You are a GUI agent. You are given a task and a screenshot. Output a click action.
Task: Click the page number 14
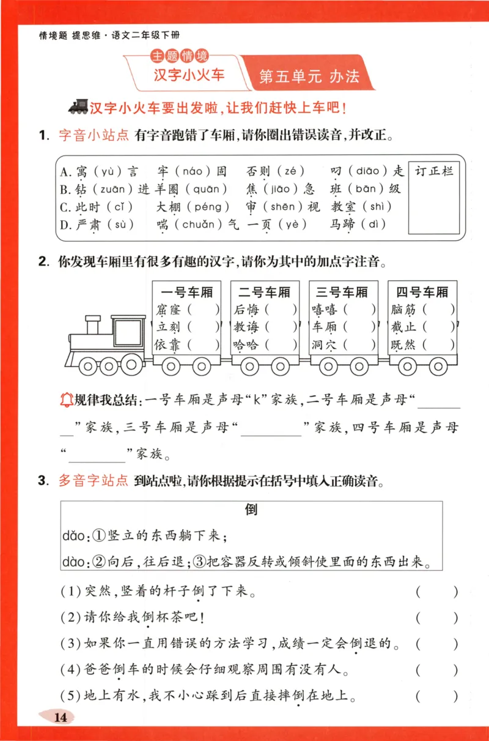tap(61, 717)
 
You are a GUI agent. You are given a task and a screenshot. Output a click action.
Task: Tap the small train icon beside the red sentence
tap(78, 108)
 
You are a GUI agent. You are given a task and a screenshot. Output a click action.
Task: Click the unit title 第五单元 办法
tap(309, 76)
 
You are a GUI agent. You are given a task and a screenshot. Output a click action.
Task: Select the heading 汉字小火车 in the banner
tap(189, 75)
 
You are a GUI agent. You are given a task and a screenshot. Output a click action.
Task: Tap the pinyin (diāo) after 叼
tap(369, 171)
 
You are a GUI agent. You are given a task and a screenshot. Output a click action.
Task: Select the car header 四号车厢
tap(422, 291)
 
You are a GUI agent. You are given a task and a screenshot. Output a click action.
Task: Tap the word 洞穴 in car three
tap(324, 345)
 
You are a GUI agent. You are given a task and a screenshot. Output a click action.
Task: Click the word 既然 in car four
tap(403, 345)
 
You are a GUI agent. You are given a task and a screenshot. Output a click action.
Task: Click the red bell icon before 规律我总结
tap(65, 400)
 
